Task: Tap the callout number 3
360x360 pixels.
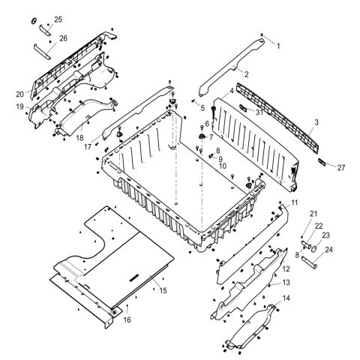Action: [316, 121]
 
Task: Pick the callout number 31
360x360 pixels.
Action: [259, 112]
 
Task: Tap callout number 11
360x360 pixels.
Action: [295, 203]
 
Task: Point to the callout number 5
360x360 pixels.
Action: [202, 108]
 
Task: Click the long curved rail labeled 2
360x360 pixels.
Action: [232, 66]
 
